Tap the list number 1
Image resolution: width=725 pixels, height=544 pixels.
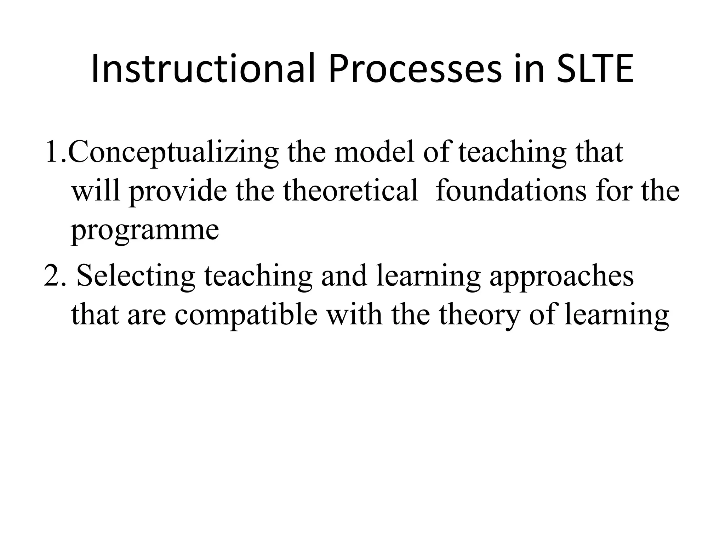point(53,152)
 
